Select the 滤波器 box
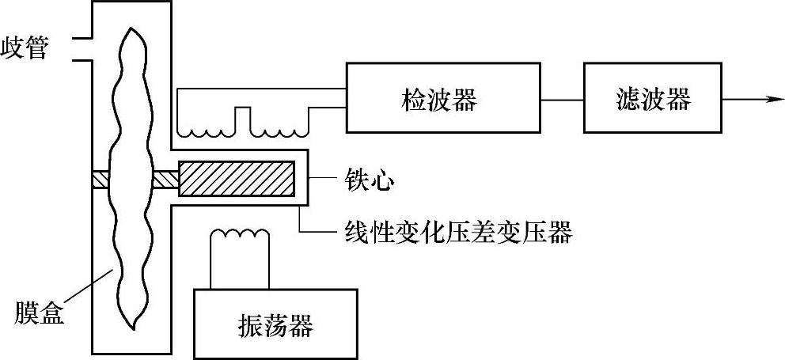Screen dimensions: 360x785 [x=652, y=98]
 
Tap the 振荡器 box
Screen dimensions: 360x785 [x=274, y=324]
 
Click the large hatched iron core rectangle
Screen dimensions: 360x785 [x=237, y=178]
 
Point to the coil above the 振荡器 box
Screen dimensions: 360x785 [x=240, y=235]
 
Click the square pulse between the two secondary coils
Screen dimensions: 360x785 [x=243, y=119]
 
